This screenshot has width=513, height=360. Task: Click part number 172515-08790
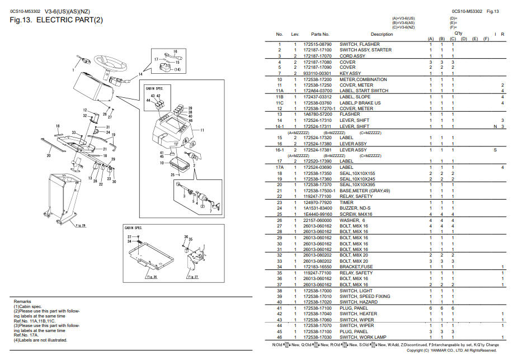317,44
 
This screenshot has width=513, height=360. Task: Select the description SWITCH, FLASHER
359,44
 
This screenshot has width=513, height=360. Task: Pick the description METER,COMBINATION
363,79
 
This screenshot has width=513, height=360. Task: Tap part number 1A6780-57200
317,115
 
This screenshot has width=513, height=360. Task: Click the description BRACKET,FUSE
356,267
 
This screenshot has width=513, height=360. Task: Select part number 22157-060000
317,220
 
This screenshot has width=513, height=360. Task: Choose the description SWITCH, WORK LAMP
363,337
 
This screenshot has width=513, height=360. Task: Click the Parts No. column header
320,35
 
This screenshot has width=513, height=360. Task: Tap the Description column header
382,35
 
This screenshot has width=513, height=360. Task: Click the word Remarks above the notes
22,301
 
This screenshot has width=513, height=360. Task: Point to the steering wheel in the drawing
112,62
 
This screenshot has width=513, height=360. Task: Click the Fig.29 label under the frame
81,226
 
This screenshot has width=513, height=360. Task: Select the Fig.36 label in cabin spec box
152,277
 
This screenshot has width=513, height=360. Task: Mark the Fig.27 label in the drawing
192,277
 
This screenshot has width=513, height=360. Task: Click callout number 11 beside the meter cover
202,130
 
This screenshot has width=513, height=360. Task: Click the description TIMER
347,202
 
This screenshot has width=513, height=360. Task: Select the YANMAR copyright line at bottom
451,351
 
